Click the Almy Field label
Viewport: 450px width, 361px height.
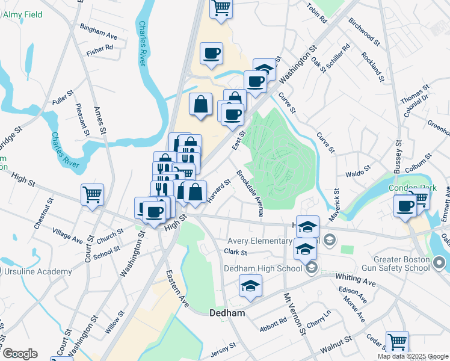22,14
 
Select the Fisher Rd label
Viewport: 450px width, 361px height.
100,52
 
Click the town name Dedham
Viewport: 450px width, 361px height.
226,313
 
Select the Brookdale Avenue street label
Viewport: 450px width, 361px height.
250,194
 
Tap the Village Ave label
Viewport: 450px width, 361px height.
67,235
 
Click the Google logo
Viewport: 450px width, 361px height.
20,354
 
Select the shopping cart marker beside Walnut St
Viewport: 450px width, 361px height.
397,342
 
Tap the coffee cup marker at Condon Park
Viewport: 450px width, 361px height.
404,206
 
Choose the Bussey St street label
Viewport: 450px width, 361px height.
398,157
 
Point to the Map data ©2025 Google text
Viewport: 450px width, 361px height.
413,356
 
